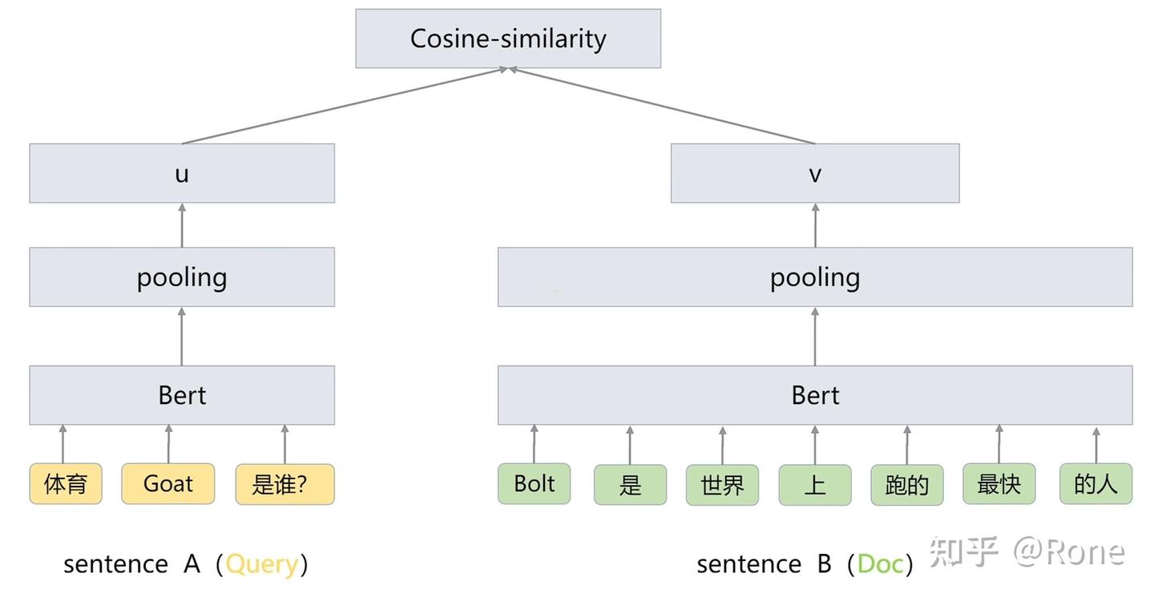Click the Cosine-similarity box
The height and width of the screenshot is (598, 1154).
[x=508, y=38]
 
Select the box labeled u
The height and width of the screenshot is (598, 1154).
[x=182, y=173]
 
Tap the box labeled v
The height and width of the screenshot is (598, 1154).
[x=814, y=173]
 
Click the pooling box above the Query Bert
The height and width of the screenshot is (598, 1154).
[x=182, y=277]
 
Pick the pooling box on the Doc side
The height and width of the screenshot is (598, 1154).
[x=814, y=277]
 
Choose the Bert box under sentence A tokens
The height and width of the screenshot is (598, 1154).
[x=182, y=395]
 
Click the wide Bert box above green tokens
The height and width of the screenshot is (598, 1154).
[x=814, y=395]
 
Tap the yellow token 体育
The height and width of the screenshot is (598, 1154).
[x=66, y=484]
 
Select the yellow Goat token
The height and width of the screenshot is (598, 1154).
[x=168, y=484]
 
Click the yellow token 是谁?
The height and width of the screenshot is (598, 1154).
[x=284, y=484]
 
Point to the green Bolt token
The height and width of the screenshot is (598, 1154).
[x=534, y=484]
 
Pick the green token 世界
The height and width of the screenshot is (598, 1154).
[x=722, y=485]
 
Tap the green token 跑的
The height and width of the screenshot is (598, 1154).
[x=906, y=485]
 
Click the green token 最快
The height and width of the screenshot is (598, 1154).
[x=999, y=484]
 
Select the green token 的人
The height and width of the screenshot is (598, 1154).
[x=1095, y=484]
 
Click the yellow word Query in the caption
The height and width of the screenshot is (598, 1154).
[x=262, y=564]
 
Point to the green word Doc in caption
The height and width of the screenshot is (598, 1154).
[x=879, y=564]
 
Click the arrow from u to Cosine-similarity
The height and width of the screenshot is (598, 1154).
[x=345, y=106]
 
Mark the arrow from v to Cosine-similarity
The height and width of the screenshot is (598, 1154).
[x=662, y=106]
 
